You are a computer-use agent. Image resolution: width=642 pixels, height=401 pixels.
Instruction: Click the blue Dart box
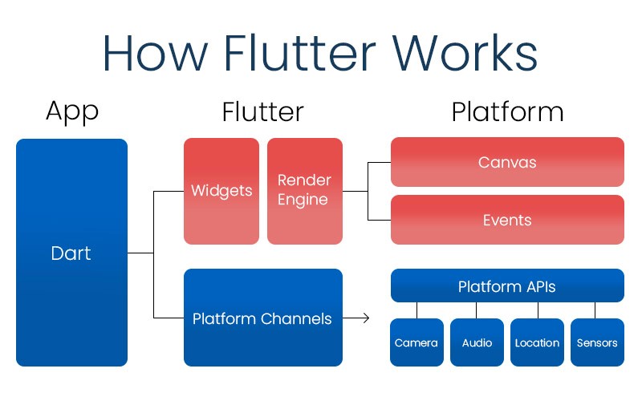point(71,253)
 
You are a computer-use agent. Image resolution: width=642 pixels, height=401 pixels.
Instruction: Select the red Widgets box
point(221,191)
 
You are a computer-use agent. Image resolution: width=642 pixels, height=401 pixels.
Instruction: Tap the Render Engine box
point(304,191)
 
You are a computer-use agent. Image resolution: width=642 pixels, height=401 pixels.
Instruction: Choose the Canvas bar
point(507,162)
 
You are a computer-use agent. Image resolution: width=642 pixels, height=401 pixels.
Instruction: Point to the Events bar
point(507,220)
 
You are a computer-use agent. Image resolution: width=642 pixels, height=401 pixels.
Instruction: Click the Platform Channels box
point(262,318)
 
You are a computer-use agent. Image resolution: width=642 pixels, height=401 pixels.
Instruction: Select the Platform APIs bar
point(507,286)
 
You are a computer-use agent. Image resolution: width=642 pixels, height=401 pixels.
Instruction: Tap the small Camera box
point(416,342)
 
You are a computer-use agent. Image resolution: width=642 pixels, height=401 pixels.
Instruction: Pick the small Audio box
point(477,342)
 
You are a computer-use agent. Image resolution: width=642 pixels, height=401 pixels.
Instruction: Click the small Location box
point(537,342)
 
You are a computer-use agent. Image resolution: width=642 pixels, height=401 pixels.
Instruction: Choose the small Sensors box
point(597,342)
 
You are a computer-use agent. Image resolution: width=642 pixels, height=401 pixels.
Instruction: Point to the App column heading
point(71,112)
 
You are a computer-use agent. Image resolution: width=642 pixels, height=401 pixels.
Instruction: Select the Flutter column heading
point(262,112)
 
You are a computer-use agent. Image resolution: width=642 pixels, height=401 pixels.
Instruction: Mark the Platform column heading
point(507,112)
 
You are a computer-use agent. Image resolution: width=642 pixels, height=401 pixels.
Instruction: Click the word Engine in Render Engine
point(303,200)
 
